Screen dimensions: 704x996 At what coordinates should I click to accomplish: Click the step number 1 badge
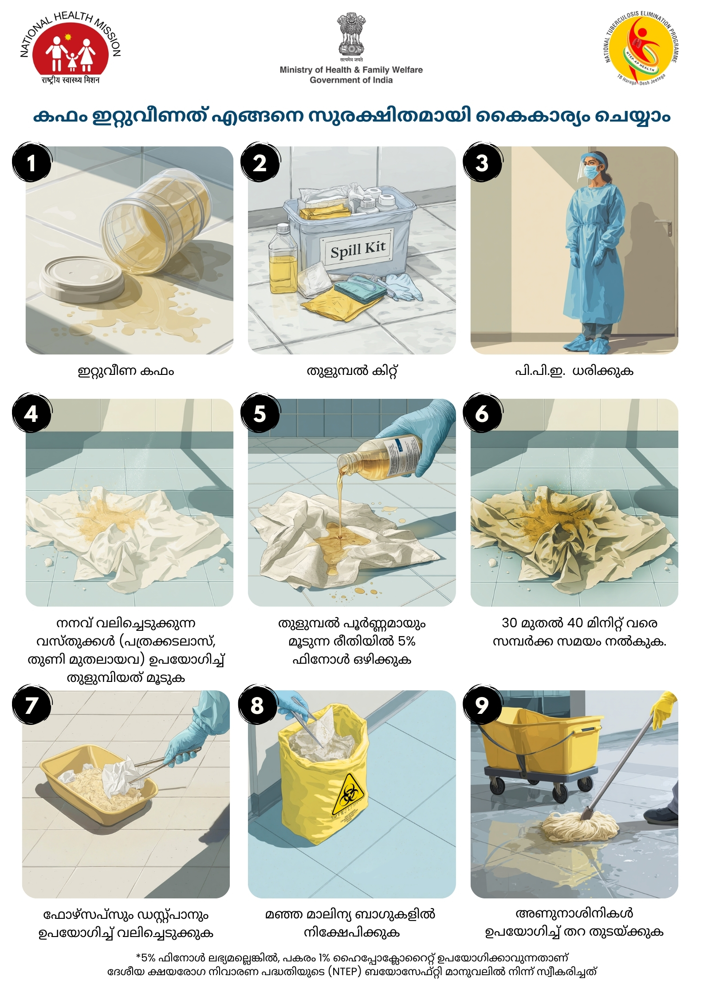tap(31, 162)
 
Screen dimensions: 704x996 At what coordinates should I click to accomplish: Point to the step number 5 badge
tap(260, 413)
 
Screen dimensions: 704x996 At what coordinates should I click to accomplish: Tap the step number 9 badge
tap(483, 705)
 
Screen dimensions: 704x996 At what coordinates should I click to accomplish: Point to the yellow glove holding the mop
tap(664, 709)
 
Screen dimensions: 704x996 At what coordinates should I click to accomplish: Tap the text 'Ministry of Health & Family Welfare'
tap(351, 70)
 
